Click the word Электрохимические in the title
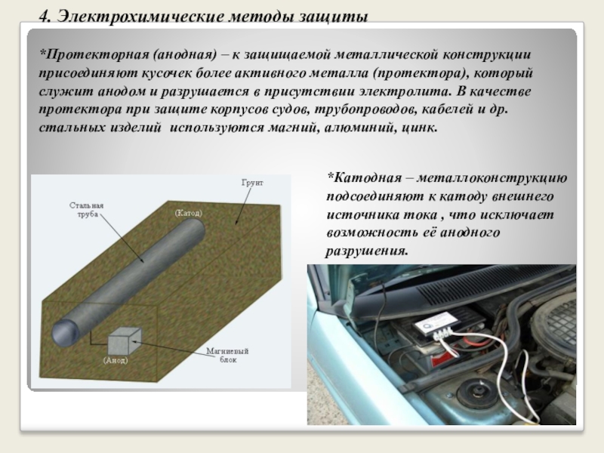click(x=140, y=17)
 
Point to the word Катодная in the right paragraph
click(x=365, y=177)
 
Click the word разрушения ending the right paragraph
click(x=366, y=251)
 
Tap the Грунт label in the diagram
click(x=252, y=183)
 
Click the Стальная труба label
click(x=87, y=210)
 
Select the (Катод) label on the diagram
click(x=188, y=213)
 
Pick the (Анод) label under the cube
click(x=116, y=360)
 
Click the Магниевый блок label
click(x=227, y=355)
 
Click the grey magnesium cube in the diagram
click(x=124, y=341)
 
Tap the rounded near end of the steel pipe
click(x=62, y=332)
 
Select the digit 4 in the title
click(x=45, y=17)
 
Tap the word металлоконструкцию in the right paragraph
click(x=492, y=178)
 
